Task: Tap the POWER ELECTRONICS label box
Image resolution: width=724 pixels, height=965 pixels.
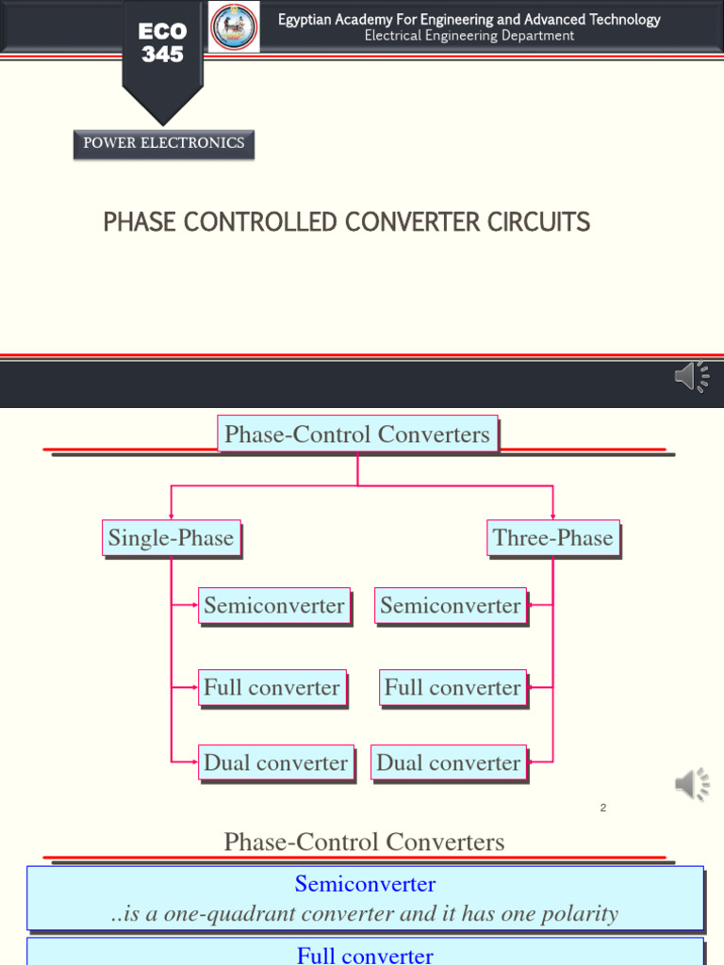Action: coord(163,143)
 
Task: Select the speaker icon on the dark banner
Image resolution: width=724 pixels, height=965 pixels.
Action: coord(692,376)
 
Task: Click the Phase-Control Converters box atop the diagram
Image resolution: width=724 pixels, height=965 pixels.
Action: coord(356,434)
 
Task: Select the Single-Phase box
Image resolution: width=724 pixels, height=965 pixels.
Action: coord(171,538)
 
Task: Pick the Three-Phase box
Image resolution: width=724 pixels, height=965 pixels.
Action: coord(552,538)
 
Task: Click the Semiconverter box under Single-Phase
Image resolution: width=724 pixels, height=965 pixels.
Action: coord(273,606)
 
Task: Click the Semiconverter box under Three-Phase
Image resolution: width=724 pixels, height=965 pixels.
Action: coord(451,606)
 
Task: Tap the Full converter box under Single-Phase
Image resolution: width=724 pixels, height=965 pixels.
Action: coord(271,687)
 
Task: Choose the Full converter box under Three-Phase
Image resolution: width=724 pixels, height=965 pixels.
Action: coord(452,687)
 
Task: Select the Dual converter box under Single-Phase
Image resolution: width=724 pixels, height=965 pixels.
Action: coord(275,762)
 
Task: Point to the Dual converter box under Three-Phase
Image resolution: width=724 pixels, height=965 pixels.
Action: coord(449,762)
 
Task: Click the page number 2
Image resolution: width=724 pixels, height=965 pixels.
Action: coord(603,808)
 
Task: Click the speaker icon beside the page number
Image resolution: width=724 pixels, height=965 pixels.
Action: coord(692,783)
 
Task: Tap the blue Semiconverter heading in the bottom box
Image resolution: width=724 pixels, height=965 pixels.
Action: coord(365,884)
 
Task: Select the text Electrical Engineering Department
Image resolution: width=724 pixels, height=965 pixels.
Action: coord(469,36)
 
